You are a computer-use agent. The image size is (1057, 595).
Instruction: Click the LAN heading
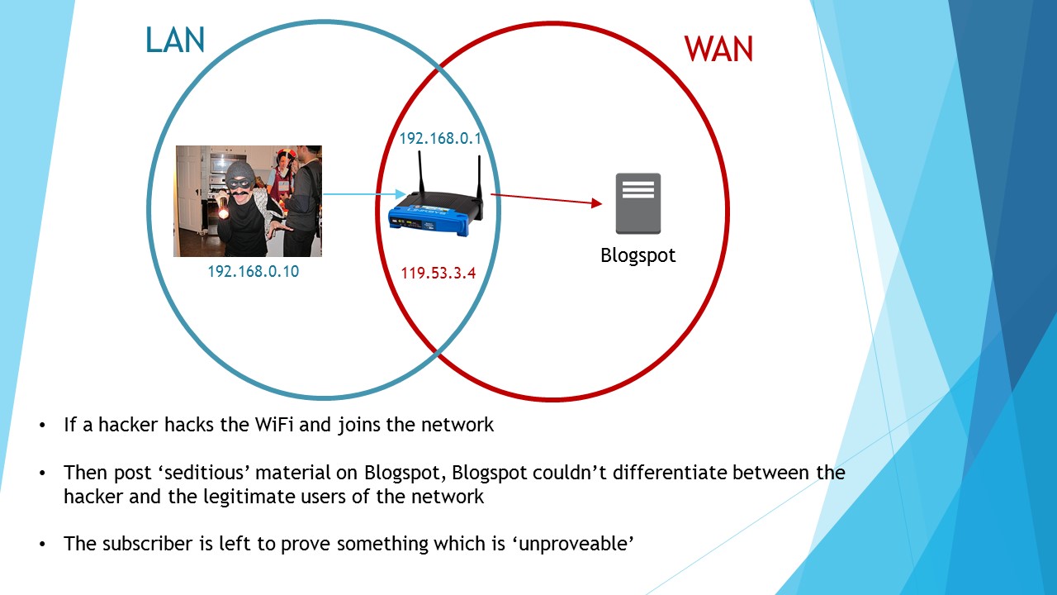(175, 40)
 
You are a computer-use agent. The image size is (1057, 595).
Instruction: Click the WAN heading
(718, 49)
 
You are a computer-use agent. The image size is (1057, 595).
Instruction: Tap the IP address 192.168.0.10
(254, 272)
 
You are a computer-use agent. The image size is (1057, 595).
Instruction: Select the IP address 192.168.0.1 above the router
(440, 138)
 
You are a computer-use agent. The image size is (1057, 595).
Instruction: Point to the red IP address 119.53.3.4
(438, 274)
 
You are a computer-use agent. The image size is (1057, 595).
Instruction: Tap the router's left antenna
(420, 173)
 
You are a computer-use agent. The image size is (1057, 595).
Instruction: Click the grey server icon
(638, 203)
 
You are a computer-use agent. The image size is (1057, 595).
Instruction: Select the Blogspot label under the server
(638, 255)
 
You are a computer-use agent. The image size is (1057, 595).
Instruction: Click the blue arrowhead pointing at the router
(401, 194)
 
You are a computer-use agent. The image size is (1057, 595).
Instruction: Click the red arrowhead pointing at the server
(597, 203)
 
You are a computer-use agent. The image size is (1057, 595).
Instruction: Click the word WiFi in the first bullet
(273, 425)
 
